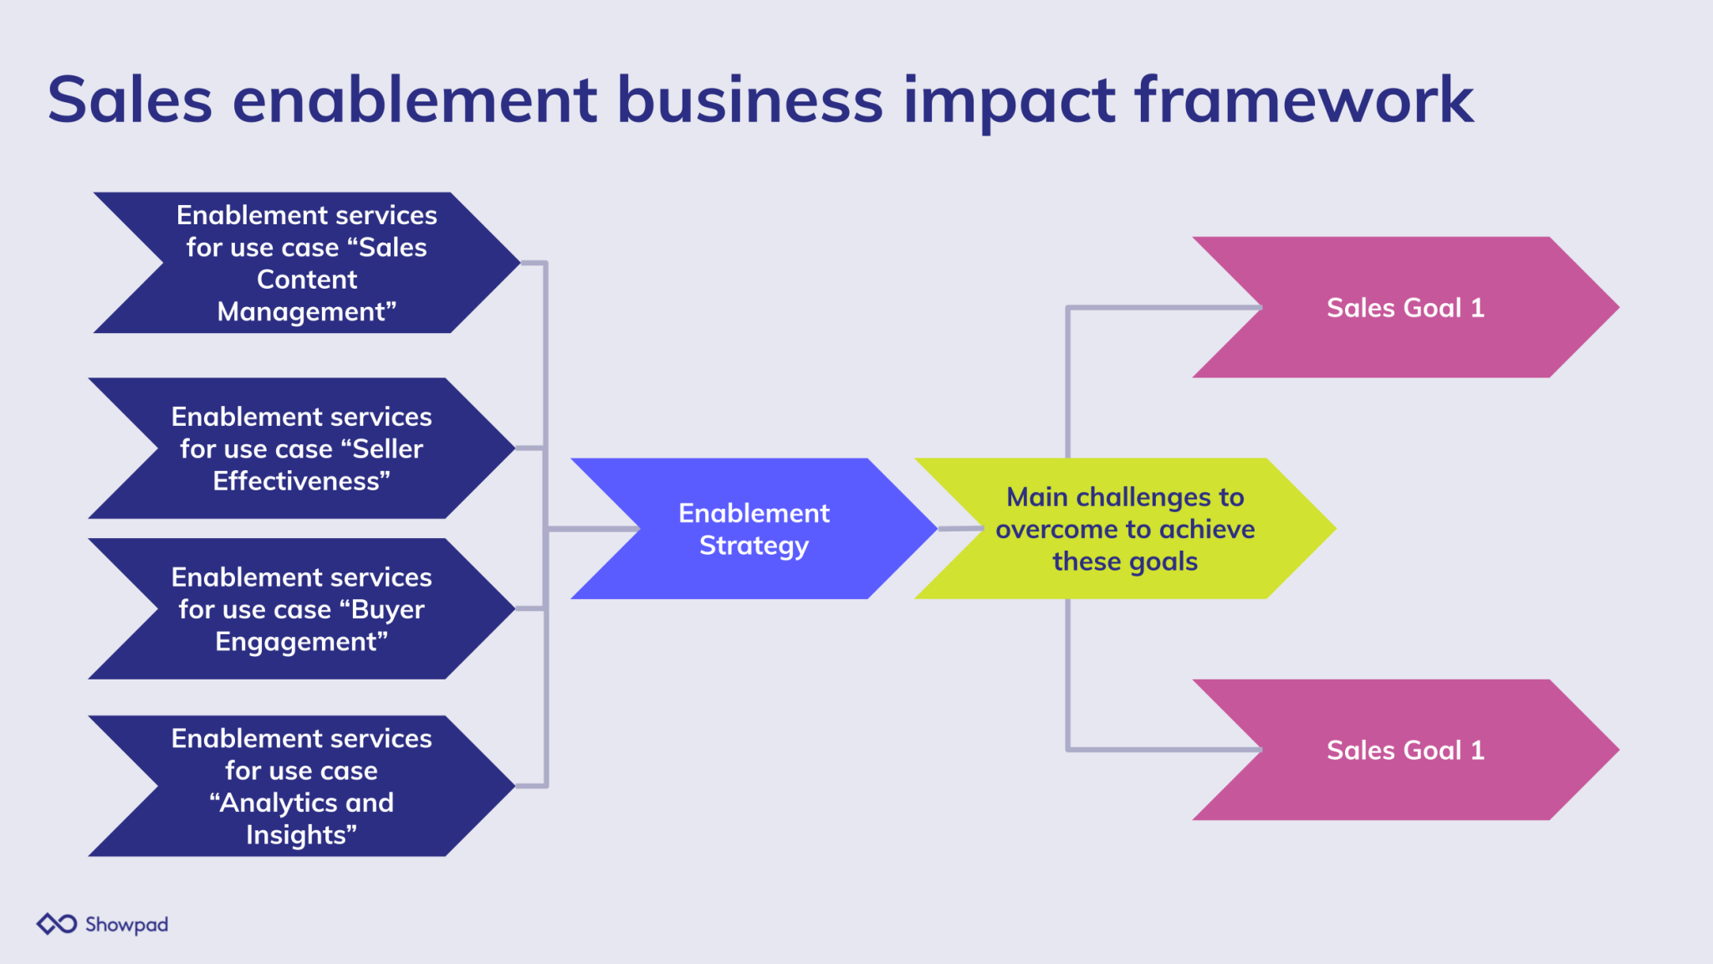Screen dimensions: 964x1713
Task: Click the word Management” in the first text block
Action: tap(306, 312)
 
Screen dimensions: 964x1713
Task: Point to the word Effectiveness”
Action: tap(301, 481)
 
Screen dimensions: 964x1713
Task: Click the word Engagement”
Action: tap(301, 642)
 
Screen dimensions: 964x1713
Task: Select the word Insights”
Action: tap(301, 835)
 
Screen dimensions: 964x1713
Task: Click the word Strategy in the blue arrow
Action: tap(754, 546)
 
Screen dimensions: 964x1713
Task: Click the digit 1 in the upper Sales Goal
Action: tap(1478, 308)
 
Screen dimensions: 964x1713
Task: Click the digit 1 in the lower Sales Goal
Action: tap(1478, 751)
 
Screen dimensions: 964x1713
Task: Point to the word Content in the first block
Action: tap(306, 279)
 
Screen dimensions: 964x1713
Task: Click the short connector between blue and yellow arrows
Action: tap(959, 529)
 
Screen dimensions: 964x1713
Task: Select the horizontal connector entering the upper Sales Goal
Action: tap(1163, 308)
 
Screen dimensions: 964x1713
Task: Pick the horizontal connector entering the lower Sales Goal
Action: tap(1163, 749)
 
